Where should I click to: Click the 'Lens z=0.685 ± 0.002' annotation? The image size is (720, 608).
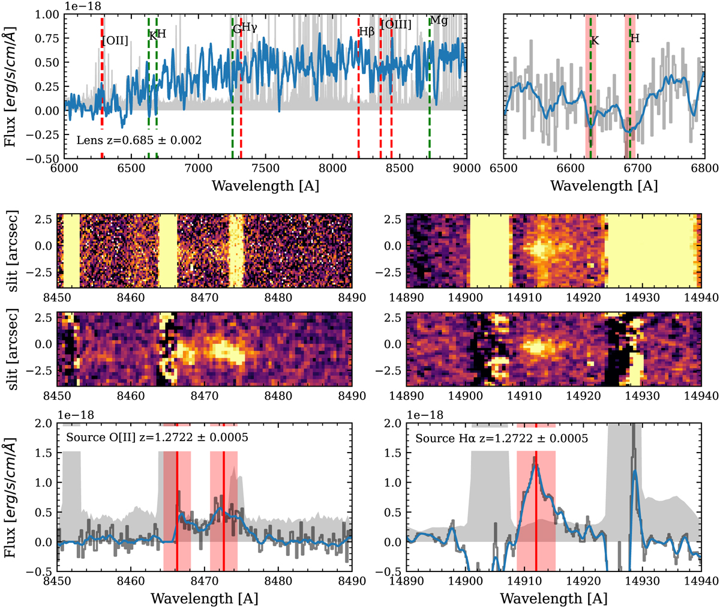(139, 140)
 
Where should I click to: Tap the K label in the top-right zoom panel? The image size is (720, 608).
(595, 41)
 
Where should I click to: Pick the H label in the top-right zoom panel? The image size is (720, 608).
(635, 38)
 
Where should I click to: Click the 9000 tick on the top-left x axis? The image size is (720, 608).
(466, 169)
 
